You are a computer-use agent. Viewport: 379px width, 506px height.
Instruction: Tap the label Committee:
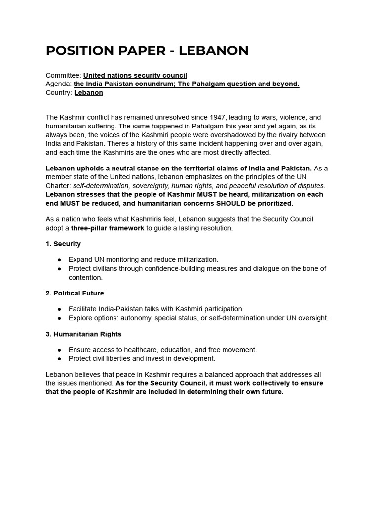point(64,75)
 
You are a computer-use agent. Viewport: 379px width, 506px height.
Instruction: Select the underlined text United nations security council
point(135,75)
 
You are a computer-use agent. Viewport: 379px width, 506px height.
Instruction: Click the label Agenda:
point(59,84)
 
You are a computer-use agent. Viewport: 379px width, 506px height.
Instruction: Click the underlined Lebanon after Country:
point(88,92)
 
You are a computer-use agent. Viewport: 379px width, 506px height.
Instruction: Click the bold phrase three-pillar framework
point(107,228)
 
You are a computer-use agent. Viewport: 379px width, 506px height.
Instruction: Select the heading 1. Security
point(63,244)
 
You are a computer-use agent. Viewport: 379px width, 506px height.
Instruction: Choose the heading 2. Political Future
point(75,293)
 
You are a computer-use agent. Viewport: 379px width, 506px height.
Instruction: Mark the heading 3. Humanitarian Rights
point(83,334)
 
